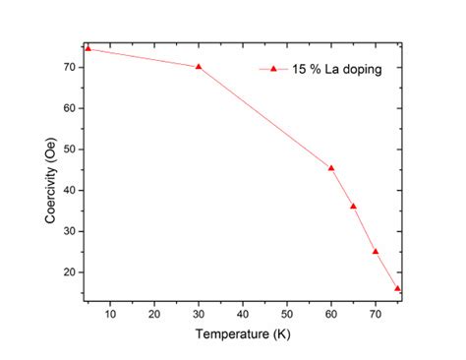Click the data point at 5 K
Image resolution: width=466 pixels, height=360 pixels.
(x=87, y=48)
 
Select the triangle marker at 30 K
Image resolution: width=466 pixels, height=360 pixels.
(x=199, y=67)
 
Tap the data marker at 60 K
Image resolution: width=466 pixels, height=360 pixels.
(x=331, y=167)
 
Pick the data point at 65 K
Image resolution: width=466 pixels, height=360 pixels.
(x=353, y=206)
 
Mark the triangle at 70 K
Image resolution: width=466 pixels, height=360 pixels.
(x=376, y=251)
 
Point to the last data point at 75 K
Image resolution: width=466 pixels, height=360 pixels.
(x=397, y=288)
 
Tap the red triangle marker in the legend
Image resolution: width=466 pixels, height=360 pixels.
(x=274, y=69)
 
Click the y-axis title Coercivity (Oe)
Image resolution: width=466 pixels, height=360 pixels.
(x=50, y=175)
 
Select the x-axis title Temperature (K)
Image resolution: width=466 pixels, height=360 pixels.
(x=242, y=335)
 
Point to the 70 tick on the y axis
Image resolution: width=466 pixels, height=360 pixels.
(x=70, y=67)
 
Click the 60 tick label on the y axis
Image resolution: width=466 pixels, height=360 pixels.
(x=70, y=108)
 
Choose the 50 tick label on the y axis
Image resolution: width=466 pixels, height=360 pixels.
(x=70, y=150)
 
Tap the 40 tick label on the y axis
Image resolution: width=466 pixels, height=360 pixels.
(x=70, y=190)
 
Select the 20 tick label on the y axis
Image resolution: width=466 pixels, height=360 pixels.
(x=70, y=272)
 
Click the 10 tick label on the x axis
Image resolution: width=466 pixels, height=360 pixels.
(x=110, y=314)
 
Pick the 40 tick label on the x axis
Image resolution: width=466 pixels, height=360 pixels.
(x=243, y=314)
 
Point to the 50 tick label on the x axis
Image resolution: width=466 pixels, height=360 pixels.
(x=287, y=314)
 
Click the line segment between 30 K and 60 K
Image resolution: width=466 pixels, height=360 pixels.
(x=265, y=117)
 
